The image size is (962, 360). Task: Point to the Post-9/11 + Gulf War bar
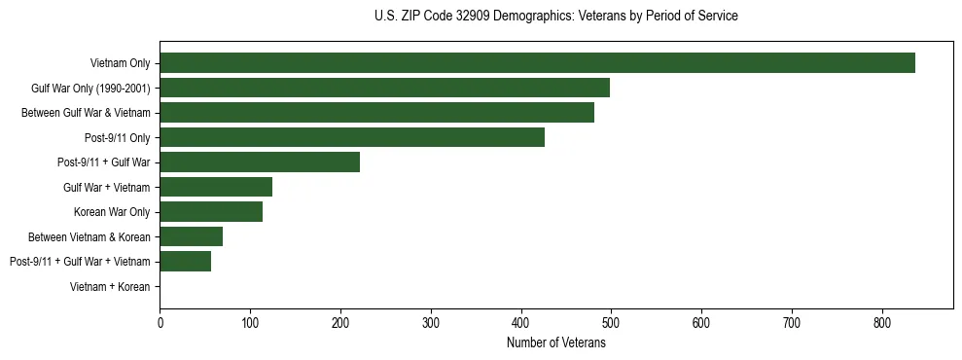(x=260, y=162)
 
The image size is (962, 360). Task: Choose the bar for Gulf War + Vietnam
(x=216, y=187)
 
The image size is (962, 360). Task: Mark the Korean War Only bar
(x=211, y=211)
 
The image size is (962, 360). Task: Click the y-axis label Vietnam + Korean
(x=110, y=286)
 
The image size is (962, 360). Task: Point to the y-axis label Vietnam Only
(x=120, y=63)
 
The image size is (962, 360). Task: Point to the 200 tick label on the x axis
(x=340, y=321)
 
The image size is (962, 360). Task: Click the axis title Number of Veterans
(x=555, y=342)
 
